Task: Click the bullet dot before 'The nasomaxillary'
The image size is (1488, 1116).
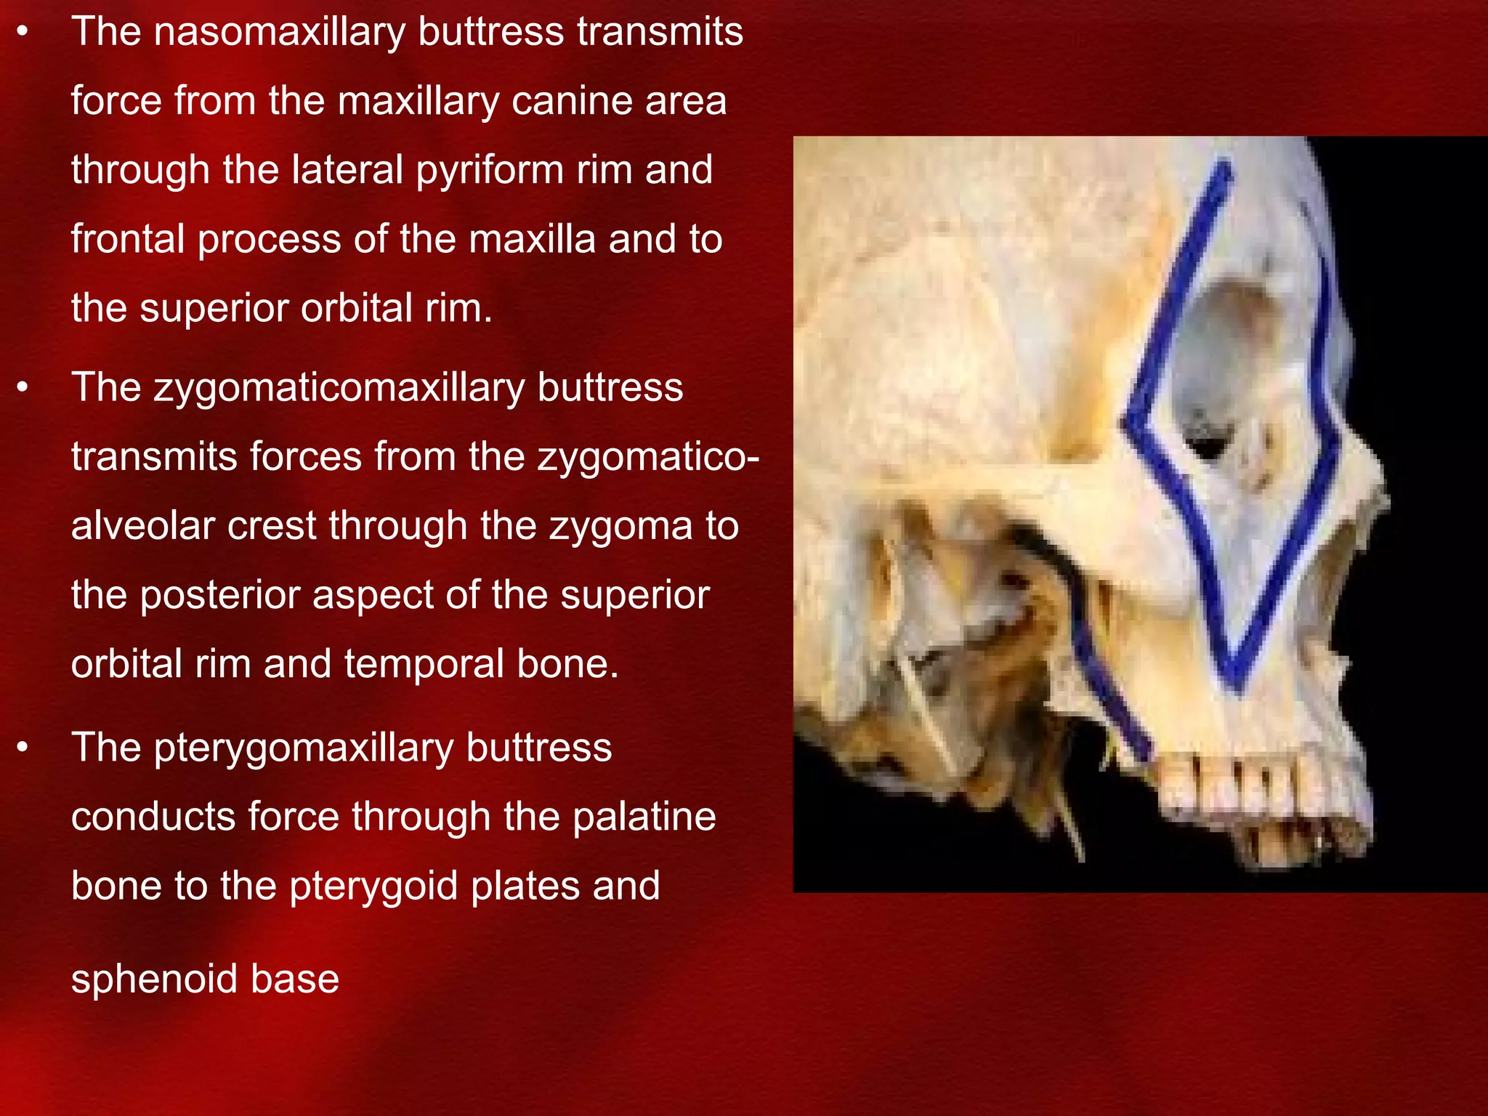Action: pyautogui.click(x=23, y=33)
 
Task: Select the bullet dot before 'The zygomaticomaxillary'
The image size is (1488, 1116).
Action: pyautogui.click(x=23, y=388)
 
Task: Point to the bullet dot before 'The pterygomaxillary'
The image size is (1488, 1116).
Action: pyautogui.click(x=23, y=748)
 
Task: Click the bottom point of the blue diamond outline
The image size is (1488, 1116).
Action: pyautogui.click(x=1234, y=679)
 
